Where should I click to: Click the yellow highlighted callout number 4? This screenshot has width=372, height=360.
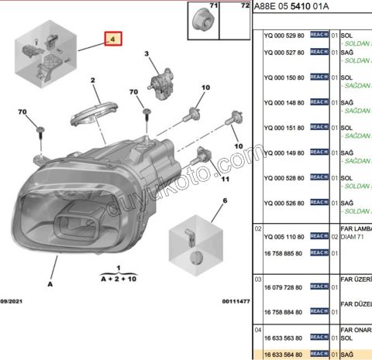pos(112,38)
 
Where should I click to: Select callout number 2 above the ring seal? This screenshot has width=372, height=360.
pos(92,81)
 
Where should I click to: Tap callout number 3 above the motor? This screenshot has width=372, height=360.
pos(145,53)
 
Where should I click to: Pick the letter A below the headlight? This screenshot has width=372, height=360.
pos(50,284)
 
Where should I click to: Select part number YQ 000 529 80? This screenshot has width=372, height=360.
pos(284,36)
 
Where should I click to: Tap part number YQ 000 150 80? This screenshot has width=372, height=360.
pos(284,78)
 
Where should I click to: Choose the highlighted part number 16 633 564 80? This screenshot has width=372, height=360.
pos(284,353)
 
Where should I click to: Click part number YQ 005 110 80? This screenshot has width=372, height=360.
pos(284,235)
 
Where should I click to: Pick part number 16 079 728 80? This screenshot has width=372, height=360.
pos(284,286)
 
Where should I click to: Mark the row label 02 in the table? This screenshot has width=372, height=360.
pos(257,228)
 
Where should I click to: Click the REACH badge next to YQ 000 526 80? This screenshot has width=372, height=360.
pos(319,203)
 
